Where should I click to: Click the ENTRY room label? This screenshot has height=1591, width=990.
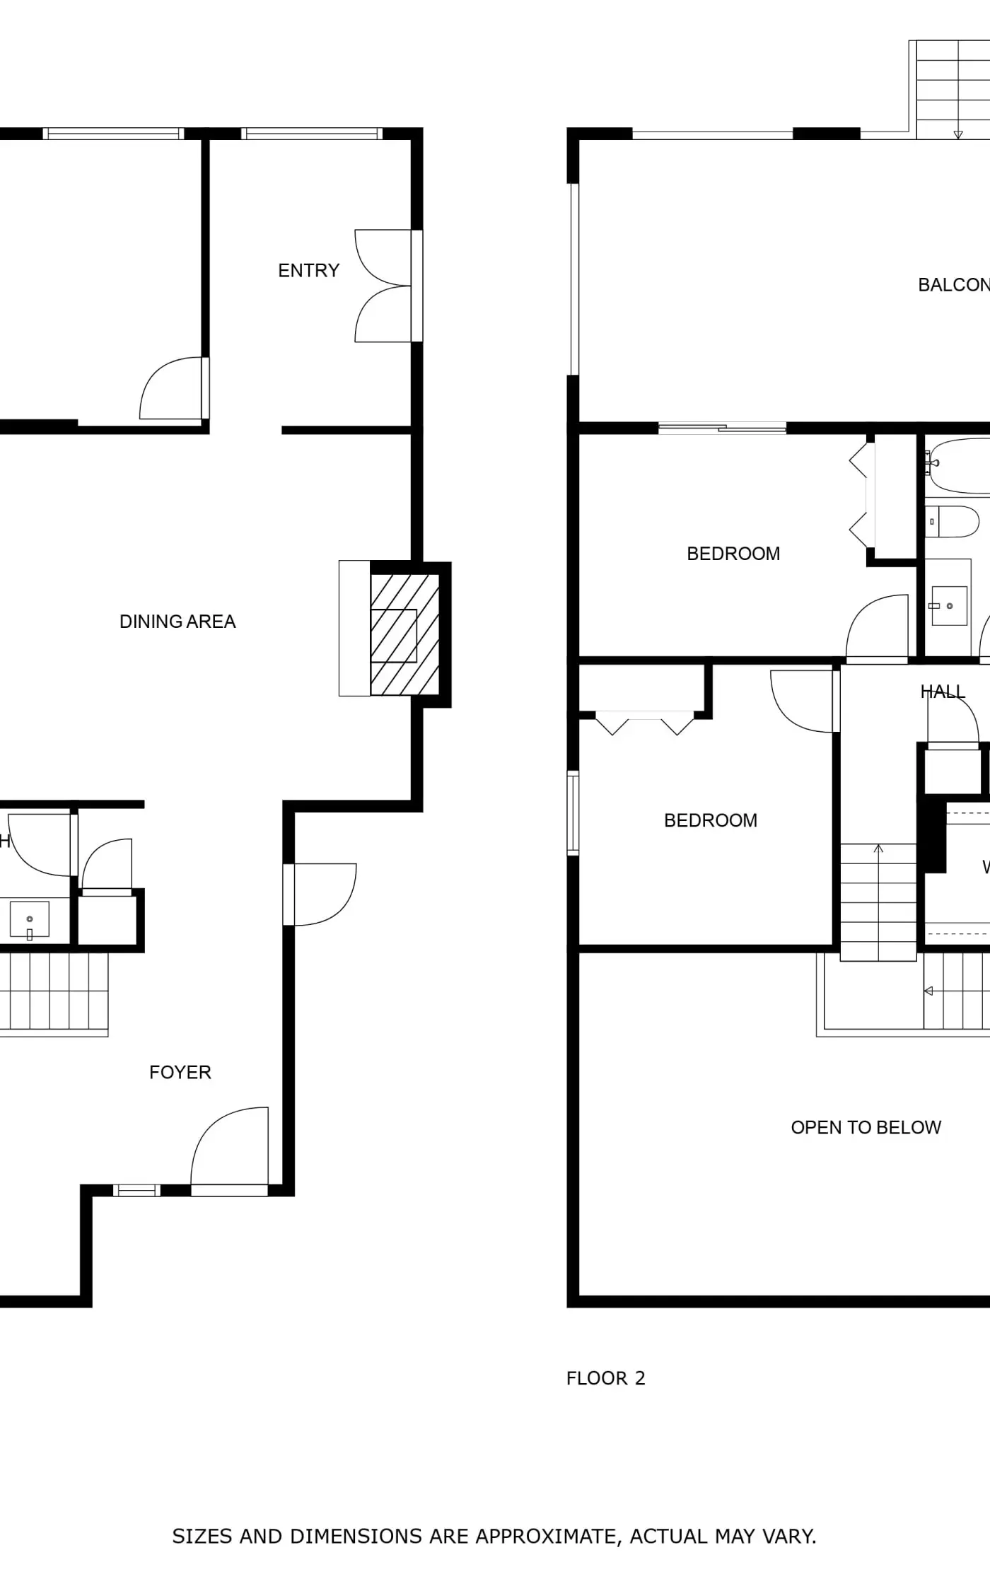pyautogui.click(x=308, y=271)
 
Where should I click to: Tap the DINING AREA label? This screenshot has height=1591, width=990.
pyautogui.click(x=177, y=622)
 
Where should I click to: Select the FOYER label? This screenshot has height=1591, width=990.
pyautogui.click(x=180, y=1073)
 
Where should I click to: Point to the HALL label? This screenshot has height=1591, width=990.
pyautogui.click(x=942, y=692)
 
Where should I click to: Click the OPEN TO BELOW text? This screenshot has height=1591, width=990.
pyautogui.click(x=866, y=1128)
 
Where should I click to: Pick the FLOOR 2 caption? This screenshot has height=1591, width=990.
pyautogui.click(x=605, y=1378)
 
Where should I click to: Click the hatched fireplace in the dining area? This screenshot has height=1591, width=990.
pyautogui.click(x=404, y=634)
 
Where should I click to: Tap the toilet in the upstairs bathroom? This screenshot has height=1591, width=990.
pyautogui.click(x=953, y=522)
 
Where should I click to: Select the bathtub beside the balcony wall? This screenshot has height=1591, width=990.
pyautogui.click(x=958, y=466)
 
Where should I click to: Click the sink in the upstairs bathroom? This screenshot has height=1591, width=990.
pyautogui.click(x=948, y=605)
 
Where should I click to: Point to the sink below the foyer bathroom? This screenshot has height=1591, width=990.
pyautogui.click(x=29, y=919)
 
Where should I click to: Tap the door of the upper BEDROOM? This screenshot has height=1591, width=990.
pyautogui.click(x=878, y=627)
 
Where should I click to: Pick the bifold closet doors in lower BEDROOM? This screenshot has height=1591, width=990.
pyautogui.click(x=645, y=723)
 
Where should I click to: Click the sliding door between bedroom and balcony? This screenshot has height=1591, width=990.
pyautogui.click(x=722, y=427)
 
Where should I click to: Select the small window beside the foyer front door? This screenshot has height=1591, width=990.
pyautogui.click(x=136, y=1191)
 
